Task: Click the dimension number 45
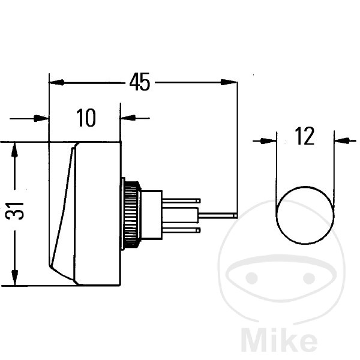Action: coord(140,82)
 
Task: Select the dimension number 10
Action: coord(86,118)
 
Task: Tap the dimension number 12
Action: coord(304,136)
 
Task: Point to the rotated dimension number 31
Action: coord(14,211)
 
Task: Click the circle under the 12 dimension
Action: coord(305,215)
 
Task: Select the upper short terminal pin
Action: coord(181,201)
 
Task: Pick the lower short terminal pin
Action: coord(181,230)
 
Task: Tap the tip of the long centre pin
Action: coord(236,215)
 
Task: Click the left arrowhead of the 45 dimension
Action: coord(56,82)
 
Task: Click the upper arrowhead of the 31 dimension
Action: coord(14,149)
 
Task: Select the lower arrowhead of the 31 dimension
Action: coord(14,278)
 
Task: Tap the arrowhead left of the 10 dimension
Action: coord(41,118)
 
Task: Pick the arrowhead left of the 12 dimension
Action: coord(268,141)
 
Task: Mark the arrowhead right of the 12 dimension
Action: coord(343,141)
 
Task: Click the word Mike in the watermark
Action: coord(279,341)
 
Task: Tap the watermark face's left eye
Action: coord(251,278)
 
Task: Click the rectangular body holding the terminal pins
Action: coord(152,215)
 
